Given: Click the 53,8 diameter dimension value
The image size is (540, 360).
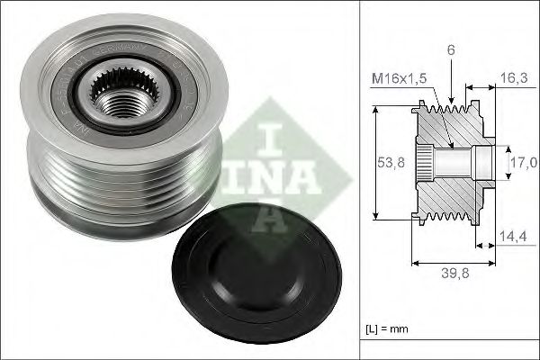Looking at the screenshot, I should [x=390, y=163].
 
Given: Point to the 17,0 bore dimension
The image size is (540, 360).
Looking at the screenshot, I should [x=524, y=162].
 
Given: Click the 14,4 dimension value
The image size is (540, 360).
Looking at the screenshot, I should [x=512, y=238].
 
